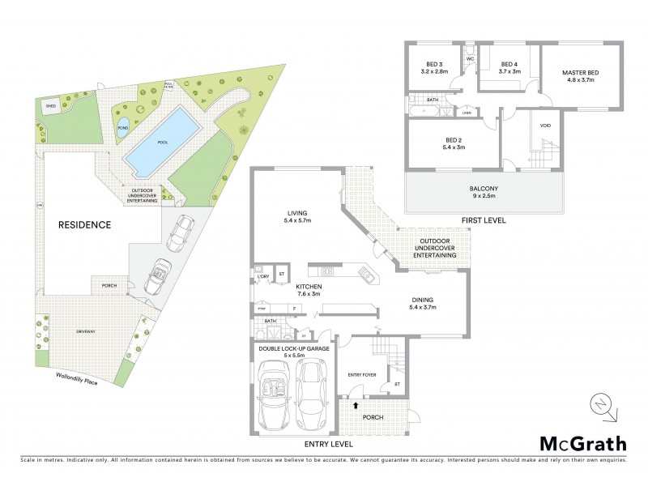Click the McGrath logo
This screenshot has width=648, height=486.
click(582, 443)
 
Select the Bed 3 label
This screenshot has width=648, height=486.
click(435, 67)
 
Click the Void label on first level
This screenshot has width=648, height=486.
click(545, 125)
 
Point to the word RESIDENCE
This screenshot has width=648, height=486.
click(83, 224)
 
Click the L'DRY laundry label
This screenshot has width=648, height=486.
click(262, 278)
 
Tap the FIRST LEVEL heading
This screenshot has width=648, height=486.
click(483, 220)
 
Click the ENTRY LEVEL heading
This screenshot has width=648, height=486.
click(328, 445)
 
